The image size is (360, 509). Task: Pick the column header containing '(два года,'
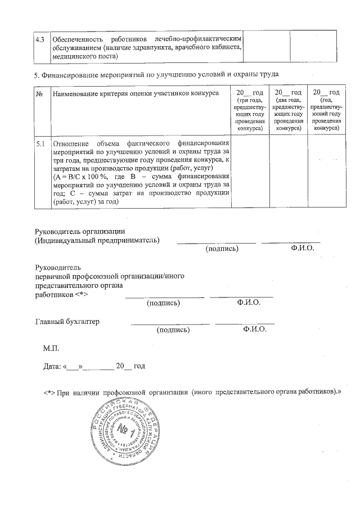pos(287,110)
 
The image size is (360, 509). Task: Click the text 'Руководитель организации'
pos(80,231)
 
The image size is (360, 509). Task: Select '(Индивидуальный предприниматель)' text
pos(97,240)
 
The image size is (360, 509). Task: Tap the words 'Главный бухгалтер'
pos(67,322)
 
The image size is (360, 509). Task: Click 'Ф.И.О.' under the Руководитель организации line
pos(303,248)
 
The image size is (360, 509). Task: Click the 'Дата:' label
pos(53,367)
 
